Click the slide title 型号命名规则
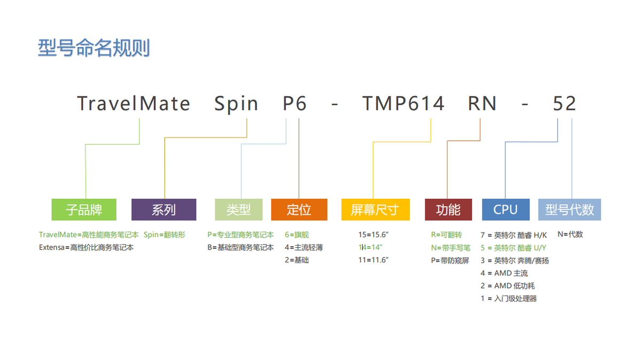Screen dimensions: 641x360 click(x=94, y=48)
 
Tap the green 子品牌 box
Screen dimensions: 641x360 click(x=84, y=209)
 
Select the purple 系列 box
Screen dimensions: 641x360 click(x=163, y=209)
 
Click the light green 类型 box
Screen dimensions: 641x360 click(x=239, y=209)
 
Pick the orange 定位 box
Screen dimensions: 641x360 click(x=299, y=209)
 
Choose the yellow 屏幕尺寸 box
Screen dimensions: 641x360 click(x=376, y=209)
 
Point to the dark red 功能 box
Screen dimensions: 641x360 click(x=448, y=209)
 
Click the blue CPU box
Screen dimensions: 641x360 click(x=506, y=209)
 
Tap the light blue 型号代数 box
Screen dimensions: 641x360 click(x=569, y=209)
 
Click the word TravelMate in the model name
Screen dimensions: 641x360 click(x=134, y=103)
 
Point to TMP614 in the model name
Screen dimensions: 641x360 click(x=403, y=103)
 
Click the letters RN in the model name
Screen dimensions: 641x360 click(x=482, y=103)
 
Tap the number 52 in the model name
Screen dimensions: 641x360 click(x=564, y=103)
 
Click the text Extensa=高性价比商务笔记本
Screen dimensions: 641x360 click(x=86, y=247)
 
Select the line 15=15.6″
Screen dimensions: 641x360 click(x=373, y=234)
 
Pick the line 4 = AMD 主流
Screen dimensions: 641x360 click(x=504, y=273)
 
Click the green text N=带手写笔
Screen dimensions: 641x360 click(x=451, y=247)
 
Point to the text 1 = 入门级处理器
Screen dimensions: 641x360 click(x=509, y=299)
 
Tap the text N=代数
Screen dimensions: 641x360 click(x=570, y=234)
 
